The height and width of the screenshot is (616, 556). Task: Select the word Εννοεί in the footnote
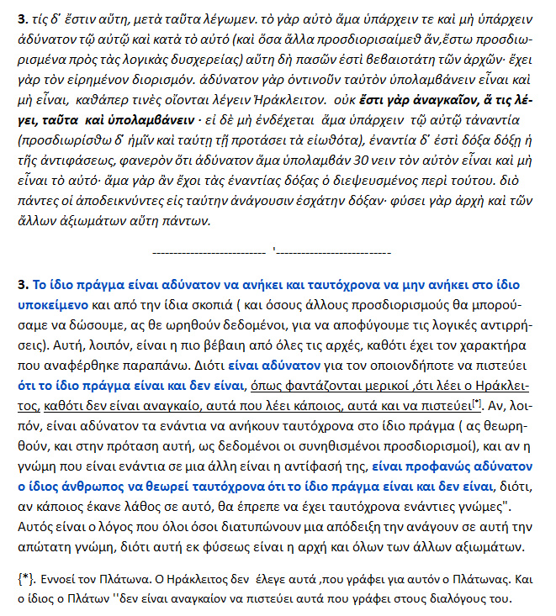[x=60, y=579]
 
